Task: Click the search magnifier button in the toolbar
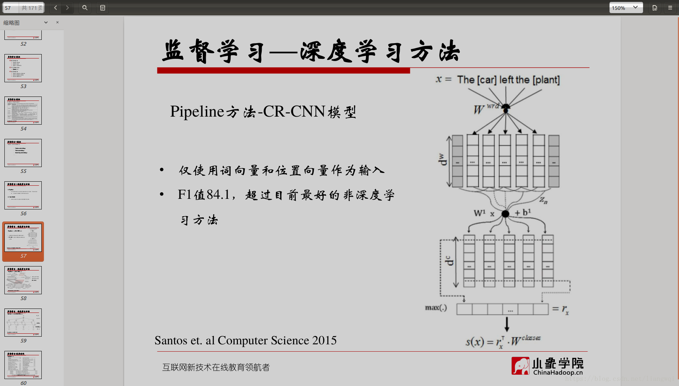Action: point(85,8)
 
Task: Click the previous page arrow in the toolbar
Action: point(56,8)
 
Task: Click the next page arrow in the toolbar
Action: point(67,8)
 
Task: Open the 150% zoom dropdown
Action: point(626,8)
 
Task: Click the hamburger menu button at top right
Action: point(670,8)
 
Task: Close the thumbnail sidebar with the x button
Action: point(57,22)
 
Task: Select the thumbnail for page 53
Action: point(23,68)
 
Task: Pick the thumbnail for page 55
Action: point(23,153)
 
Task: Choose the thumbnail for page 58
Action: point(23,280)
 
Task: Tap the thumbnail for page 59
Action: point(23,322)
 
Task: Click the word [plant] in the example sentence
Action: point(546,80)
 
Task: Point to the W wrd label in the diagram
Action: point(485,109)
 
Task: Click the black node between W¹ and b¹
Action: point(505,214)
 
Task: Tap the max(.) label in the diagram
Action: point(436,308)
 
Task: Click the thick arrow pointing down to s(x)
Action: point(507,324)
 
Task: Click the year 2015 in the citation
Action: point(324,341)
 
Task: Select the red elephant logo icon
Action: point(520,366)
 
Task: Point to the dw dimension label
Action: point(443,159)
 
